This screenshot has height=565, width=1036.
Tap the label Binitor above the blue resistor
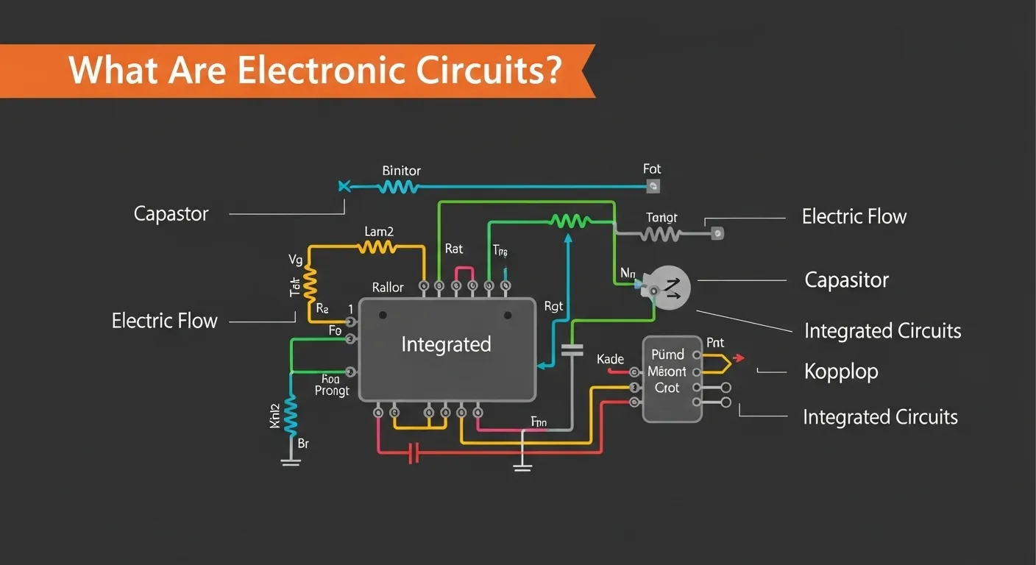point(401,171)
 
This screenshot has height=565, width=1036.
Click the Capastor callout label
point(171,214)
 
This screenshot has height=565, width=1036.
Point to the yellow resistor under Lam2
point(377,248)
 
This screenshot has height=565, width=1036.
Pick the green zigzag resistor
point(570,220)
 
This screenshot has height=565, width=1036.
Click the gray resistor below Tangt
point(660,234)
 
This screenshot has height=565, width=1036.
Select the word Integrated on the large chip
point(446,344)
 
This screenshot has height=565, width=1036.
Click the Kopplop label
point(841,372)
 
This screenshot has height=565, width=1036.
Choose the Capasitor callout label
point(846,280)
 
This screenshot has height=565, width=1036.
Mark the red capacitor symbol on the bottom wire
point(414,452)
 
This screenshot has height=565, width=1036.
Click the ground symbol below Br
point(291,461)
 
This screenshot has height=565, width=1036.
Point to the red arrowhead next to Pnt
point(739,358)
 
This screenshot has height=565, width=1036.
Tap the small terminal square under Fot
point(652,188)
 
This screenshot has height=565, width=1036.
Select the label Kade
point(610,359)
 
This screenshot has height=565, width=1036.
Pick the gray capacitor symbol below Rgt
point(571,349)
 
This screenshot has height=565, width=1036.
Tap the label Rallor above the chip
point(388,288)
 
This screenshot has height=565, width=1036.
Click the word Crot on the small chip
point(667,388)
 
